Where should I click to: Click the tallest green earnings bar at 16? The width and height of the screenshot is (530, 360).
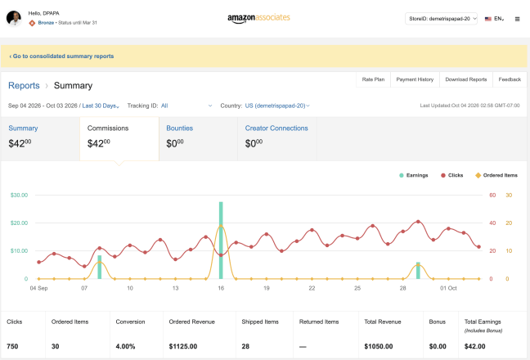point(221,241)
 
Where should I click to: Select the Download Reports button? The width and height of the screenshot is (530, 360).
point(465,79)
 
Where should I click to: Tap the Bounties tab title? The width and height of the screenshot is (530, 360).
point(179,128)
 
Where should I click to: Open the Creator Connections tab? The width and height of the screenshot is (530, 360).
point(276,128)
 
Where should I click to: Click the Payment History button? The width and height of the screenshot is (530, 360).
point(415,79)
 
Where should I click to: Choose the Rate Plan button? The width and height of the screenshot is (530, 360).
point(373,79)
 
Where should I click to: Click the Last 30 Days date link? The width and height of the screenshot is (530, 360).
point(101,106)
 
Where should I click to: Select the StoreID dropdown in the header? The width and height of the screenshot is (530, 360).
point(441,19)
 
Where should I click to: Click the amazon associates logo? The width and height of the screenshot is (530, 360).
point(258,18)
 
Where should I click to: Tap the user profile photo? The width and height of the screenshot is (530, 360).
point(14,18)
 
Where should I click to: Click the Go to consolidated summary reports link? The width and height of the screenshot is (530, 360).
point(61,56)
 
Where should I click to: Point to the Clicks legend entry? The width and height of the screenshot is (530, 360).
point(452,175)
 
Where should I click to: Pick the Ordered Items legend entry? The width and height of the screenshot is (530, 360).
point(496,175)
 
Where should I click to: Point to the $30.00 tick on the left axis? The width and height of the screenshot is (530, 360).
point(20,195)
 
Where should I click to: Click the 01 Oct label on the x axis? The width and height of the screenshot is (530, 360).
point(448,288)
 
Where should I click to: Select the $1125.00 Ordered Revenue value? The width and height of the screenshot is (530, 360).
point(183,346)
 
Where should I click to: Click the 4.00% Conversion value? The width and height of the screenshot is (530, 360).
point(125,346)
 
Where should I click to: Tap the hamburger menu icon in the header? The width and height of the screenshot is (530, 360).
point(517,19)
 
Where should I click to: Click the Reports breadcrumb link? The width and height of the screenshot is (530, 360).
point(24,86)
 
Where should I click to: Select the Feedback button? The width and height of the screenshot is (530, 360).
point(510,79)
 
